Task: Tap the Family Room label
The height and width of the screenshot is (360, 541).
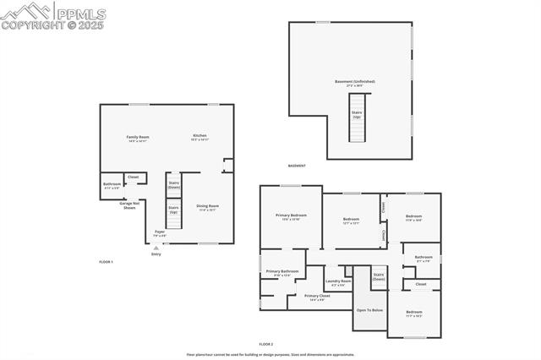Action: coord(138,139)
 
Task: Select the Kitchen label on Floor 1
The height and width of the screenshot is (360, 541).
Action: coord(199,137)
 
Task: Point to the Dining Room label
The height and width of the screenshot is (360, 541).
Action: coord(207,207)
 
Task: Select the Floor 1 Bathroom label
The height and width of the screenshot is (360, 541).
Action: coord(112,185)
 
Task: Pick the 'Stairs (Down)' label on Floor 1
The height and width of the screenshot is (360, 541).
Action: coord(173,184)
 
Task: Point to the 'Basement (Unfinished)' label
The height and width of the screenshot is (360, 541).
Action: coord(354,83)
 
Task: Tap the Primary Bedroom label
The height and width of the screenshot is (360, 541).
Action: coord(291,216)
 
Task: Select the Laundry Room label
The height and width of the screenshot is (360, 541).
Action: coord(338,282)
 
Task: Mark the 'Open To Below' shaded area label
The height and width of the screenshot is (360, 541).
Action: coord(369,310)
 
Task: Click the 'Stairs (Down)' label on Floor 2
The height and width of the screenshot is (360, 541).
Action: coord(379,275)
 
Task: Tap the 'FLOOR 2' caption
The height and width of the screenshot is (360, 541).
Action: coord(266,345)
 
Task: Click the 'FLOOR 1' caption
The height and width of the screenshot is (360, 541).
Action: coord(106,263)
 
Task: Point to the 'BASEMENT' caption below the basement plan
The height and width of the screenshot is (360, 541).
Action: coord(297,166)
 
